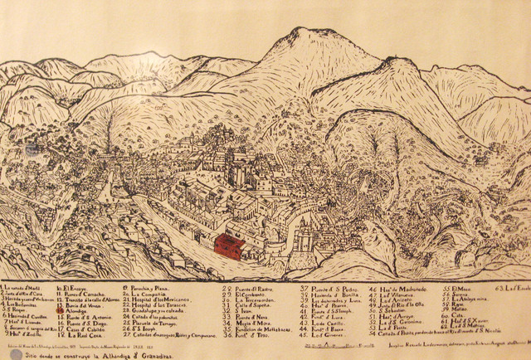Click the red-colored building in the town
point(228,246)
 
